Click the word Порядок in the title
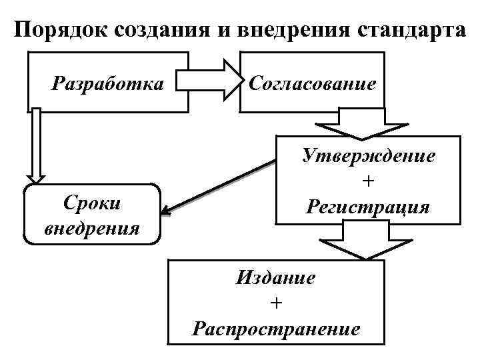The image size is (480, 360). tap(61, 31)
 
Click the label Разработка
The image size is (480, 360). tap(107, 84)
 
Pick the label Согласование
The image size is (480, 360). tap(312, 84)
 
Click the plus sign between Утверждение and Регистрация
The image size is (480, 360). tap(368, 181)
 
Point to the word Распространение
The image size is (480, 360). tap(275, 329)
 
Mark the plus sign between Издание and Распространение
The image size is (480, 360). tap(276, 303)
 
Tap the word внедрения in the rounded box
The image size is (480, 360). tap(92, 229)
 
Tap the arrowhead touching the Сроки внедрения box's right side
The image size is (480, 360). tap(167, 213)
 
